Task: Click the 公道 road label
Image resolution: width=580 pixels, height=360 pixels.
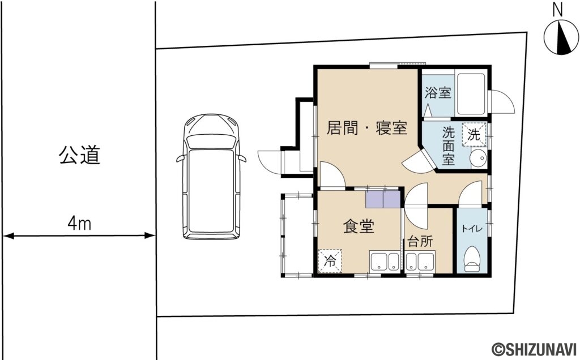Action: click(x=79, y=155)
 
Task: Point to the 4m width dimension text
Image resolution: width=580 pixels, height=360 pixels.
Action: click(x=79, y=224)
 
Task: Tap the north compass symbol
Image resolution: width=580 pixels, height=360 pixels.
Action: click(x=560, y=37)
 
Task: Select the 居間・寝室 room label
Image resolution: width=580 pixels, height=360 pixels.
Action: click(x=367, y=128)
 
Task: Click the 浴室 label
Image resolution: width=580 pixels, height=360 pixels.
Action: click(x=438, y=93)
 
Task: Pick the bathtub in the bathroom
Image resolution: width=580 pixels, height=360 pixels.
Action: click(x=471, y=93)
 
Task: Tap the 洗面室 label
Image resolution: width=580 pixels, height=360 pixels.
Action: click(x=448, y=147)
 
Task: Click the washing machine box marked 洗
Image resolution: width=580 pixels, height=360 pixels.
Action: click(x=474, y=135)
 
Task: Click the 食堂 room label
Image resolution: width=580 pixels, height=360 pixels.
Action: click(x=359, y=227)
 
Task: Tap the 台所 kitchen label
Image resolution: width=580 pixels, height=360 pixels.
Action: click(x=420, y=241)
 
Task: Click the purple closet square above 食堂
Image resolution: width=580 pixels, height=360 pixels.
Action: click(x=383, y=200)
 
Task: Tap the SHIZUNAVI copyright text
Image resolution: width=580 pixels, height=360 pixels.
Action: click(x=534, y=349)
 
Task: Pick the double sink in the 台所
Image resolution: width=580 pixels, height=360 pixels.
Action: click(x=419, y=262)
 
